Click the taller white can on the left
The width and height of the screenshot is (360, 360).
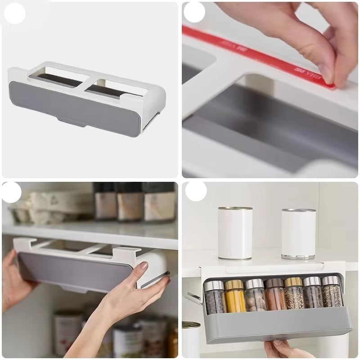235,233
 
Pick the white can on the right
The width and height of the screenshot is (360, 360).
298,234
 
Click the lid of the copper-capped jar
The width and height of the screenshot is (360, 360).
274,283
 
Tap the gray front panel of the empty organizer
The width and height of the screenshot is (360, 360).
81,104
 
